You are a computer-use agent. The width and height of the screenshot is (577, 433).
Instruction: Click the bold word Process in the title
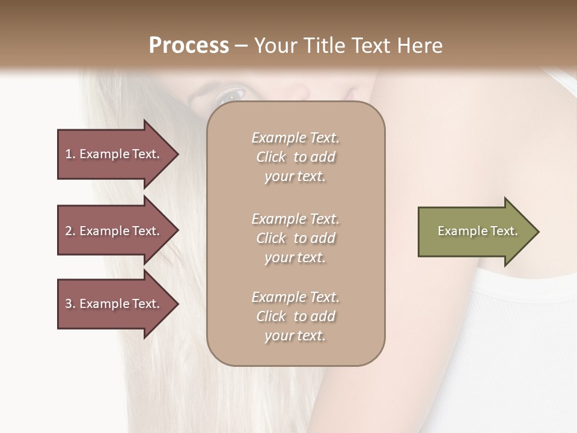[x=189, y=46]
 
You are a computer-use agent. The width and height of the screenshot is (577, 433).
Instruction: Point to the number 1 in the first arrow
[x=68, y=154]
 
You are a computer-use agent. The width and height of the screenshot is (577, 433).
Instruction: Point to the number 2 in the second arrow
[x=69, y=231]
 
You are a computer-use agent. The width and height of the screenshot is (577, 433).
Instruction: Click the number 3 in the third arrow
[x=69, y=304]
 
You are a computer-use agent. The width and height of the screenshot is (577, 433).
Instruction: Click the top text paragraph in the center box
[x=295, y=157]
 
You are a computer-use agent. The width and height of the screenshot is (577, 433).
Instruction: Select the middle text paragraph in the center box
[x=295, y=238]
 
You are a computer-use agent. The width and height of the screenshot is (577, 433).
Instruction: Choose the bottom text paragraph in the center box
[x=295, y=316]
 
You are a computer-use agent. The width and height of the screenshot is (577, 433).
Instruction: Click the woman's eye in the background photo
[x=231, y=94]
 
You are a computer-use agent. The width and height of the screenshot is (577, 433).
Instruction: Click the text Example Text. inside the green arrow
[x=477, y=231]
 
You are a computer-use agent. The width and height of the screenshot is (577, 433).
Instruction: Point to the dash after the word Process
[x=242, y=46]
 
